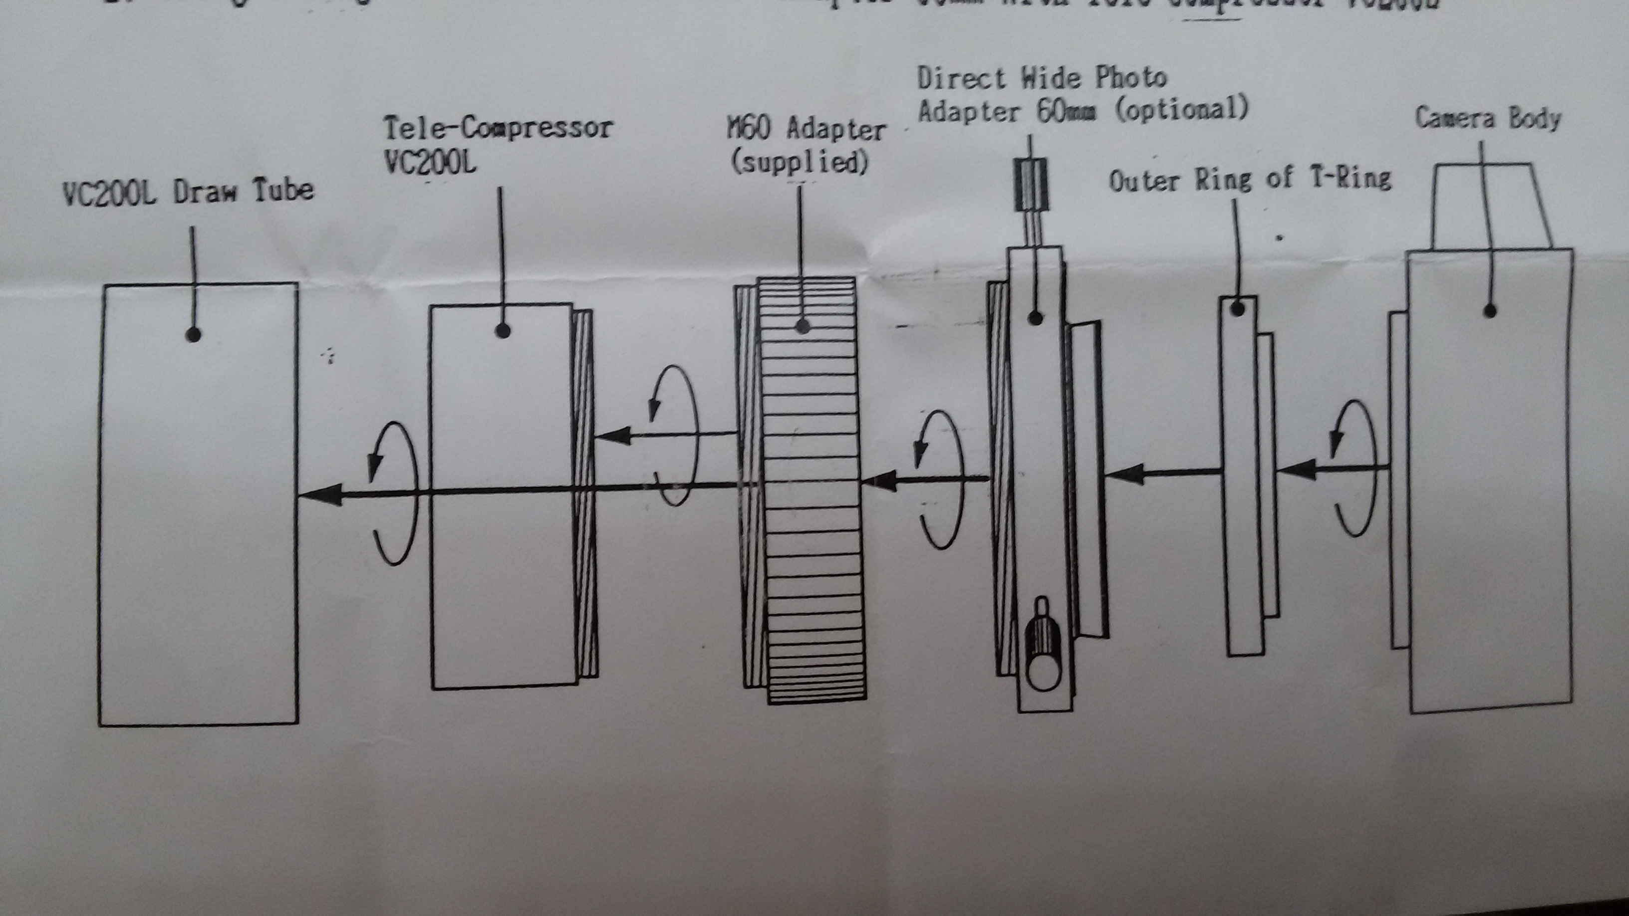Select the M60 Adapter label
[x=807, y=130]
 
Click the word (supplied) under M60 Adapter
[x=800, y=163]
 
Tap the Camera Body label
[x=1487, y=119]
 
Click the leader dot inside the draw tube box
[x=194, y=335]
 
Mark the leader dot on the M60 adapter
[x=803, y=327]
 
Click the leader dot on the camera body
[x=1489, y=311]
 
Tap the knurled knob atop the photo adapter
[x=1032, y=184]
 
